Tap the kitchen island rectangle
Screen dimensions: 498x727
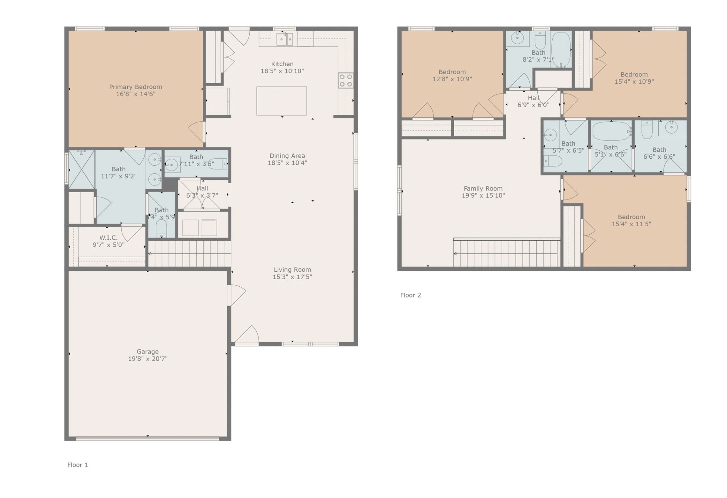coord(281,101)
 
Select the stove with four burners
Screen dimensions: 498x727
coord(346,81)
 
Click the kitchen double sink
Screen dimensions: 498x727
coord(284,39)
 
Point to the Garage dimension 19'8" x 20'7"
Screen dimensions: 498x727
coord(147,359)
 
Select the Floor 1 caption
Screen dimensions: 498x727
coord(78,465)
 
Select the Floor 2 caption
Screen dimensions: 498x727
coord(411,295)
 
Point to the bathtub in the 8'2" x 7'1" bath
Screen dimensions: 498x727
coord(561,49)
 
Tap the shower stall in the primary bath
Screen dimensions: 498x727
coord(81,169)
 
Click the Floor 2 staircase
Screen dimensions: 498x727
coord(506,253)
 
